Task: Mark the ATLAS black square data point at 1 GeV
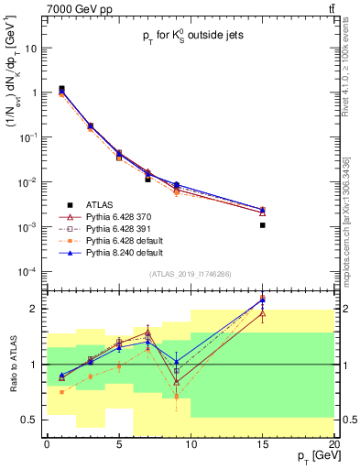coord(61,89)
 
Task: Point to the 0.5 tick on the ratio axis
coord(34,420)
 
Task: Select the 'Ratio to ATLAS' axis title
coord(12,365)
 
